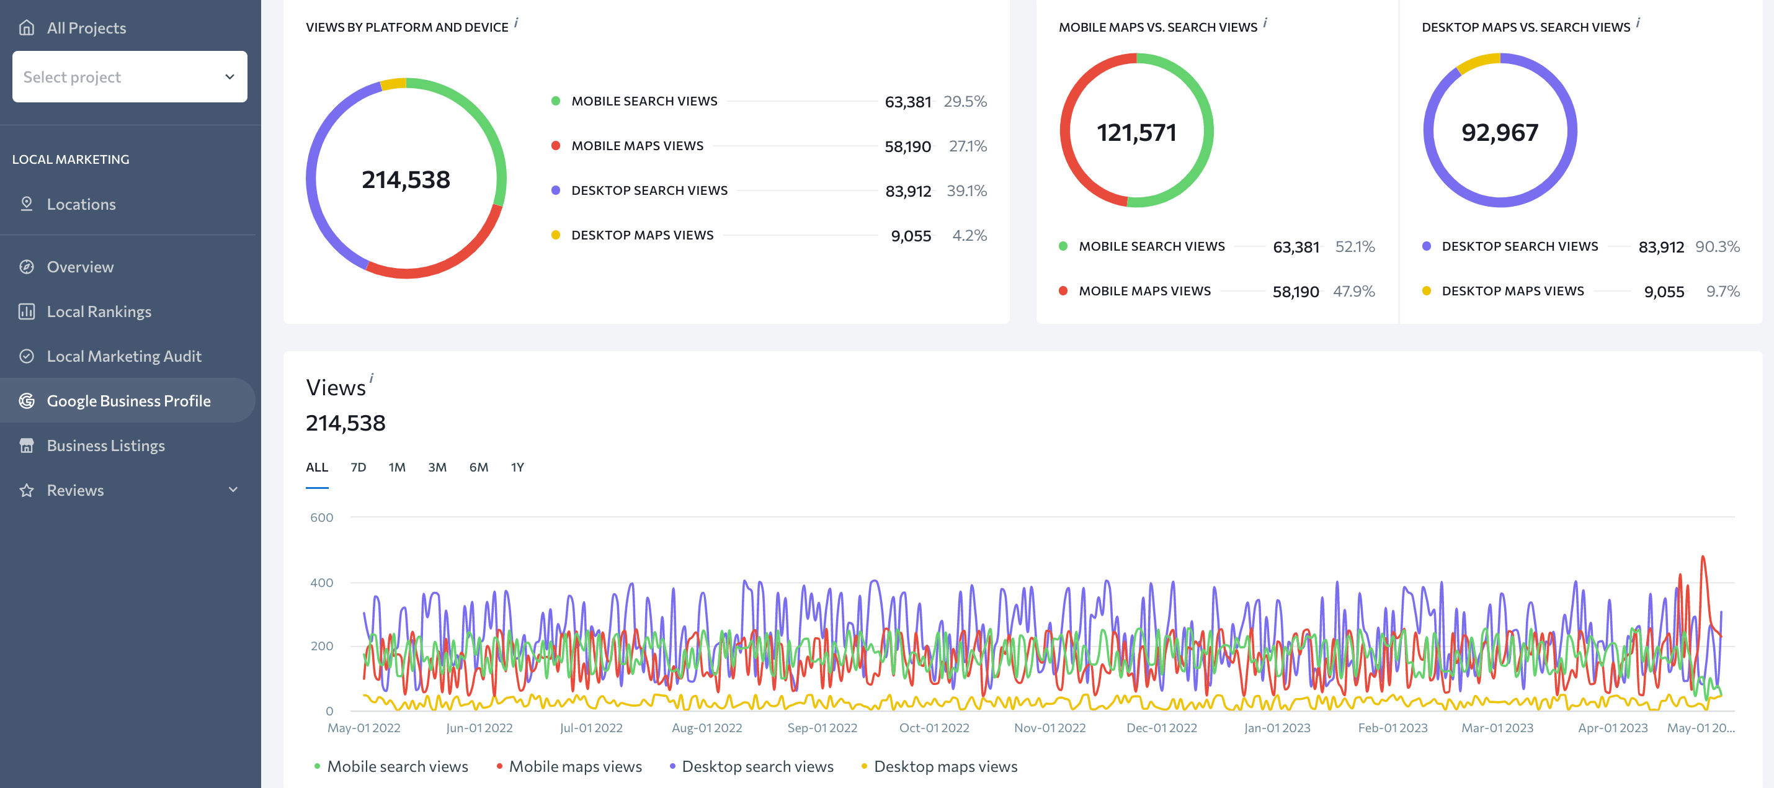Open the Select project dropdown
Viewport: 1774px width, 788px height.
coord(130,76)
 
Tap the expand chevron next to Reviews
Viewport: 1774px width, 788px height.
coord(233,490)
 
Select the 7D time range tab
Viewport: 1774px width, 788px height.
coord(358,467)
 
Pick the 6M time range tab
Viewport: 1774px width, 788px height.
coord(479,467)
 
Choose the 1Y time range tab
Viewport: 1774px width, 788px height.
coord(517,467)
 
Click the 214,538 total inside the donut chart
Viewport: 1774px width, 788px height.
coord(406,180)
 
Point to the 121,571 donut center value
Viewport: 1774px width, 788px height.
coord(1136,132)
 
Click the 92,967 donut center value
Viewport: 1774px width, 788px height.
coord(1500,132)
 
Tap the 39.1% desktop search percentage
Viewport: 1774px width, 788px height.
coord(966,191)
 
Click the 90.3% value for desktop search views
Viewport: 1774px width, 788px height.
coord(1718,246)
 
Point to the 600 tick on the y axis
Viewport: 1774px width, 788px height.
coord(321,517)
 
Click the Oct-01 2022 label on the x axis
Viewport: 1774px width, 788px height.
coord(934,727)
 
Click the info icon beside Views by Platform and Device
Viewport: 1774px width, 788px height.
coord(516,23)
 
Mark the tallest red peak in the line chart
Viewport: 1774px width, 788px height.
coord(1703,557)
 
